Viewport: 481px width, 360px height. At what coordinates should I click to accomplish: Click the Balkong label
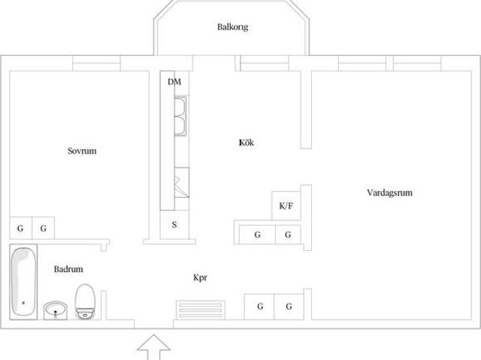[232, 27]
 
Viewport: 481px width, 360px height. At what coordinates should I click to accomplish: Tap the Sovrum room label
[82, 150]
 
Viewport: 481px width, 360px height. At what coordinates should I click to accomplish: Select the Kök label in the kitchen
[246, 142]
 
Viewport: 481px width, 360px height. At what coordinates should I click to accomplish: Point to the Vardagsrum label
[389, 192]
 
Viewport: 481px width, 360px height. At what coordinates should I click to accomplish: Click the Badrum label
[68, 269]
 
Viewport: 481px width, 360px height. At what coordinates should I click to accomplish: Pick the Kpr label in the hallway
[200, 277]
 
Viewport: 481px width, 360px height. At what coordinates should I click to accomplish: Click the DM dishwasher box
[174, 81]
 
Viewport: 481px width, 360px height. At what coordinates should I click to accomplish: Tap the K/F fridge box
[286, 205]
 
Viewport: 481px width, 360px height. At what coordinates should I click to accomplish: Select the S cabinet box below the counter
[174, 224]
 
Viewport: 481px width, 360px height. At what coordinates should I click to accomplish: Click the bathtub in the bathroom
[23, 282]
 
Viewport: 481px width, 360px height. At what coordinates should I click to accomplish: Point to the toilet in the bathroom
[85, 301]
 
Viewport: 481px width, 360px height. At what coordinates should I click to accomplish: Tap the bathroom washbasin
[55, 309]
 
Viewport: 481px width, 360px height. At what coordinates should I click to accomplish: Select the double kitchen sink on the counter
[180, 116]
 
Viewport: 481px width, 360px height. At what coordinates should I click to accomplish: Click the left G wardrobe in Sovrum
[21, 228]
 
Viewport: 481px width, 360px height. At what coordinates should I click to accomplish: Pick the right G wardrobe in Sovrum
[44, 228]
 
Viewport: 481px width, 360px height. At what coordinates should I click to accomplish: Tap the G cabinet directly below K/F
[287, 234]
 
